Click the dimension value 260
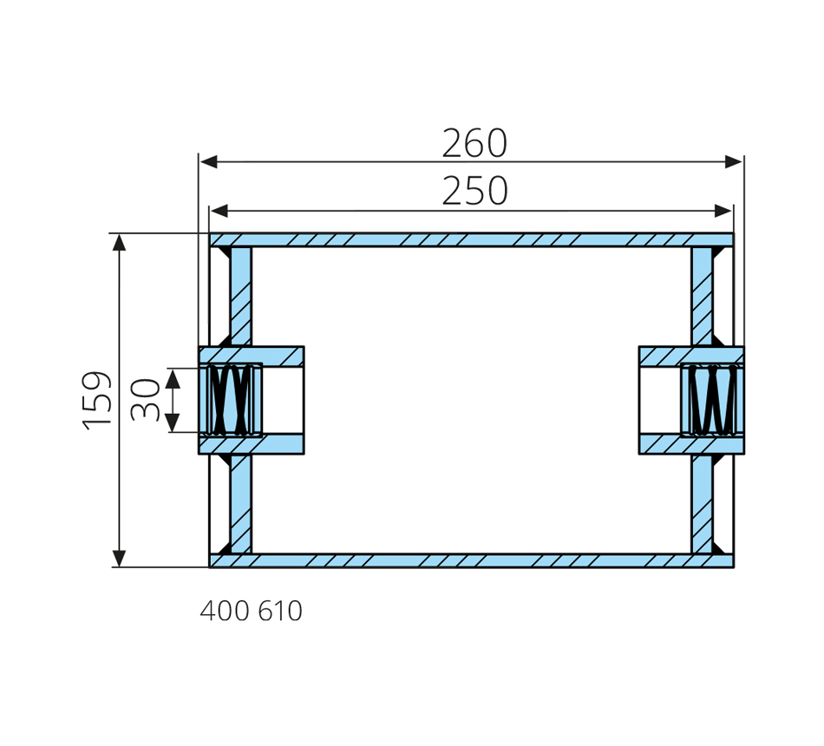point(474,143)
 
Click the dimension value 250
point(474,191)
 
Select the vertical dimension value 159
point(97,401)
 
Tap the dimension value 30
point(145,400)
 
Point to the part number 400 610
point(252,611)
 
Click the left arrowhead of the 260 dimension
point(209,161)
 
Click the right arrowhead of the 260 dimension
point(734,161)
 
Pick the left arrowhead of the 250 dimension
point(219,211)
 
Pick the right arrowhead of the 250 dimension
point(723,211)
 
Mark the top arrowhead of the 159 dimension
point(120,243)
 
